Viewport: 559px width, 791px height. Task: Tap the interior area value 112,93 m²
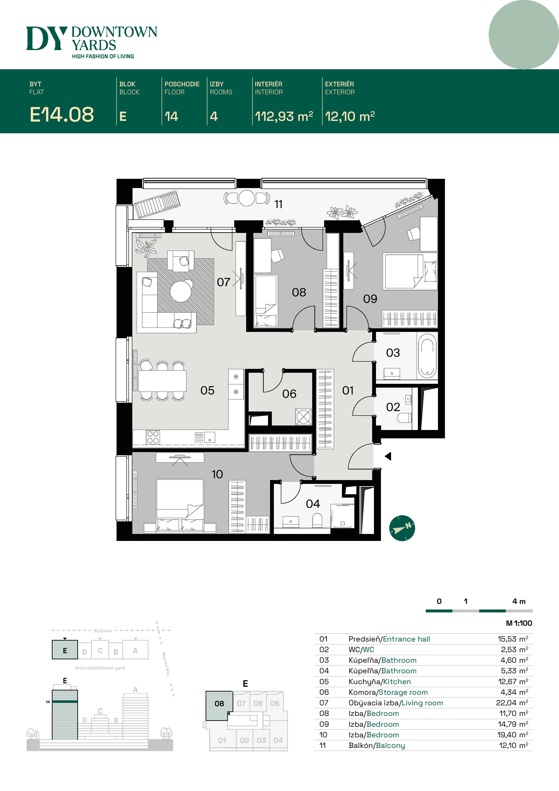point(284,116)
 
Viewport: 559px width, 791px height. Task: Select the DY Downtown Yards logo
point(92,42)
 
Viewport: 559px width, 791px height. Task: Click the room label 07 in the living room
point(224,282)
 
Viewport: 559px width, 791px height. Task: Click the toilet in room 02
point(404,418)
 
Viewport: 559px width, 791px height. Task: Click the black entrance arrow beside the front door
point(388,456)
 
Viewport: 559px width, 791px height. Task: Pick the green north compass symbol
point(402,528)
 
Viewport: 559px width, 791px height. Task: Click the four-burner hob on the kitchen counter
point(153,437)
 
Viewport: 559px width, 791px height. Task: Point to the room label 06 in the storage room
point(289,394)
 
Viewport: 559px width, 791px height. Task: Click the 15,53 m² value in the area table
point(513,639)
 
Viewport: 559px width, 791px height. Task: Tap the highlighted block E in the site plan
point(65,650)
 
